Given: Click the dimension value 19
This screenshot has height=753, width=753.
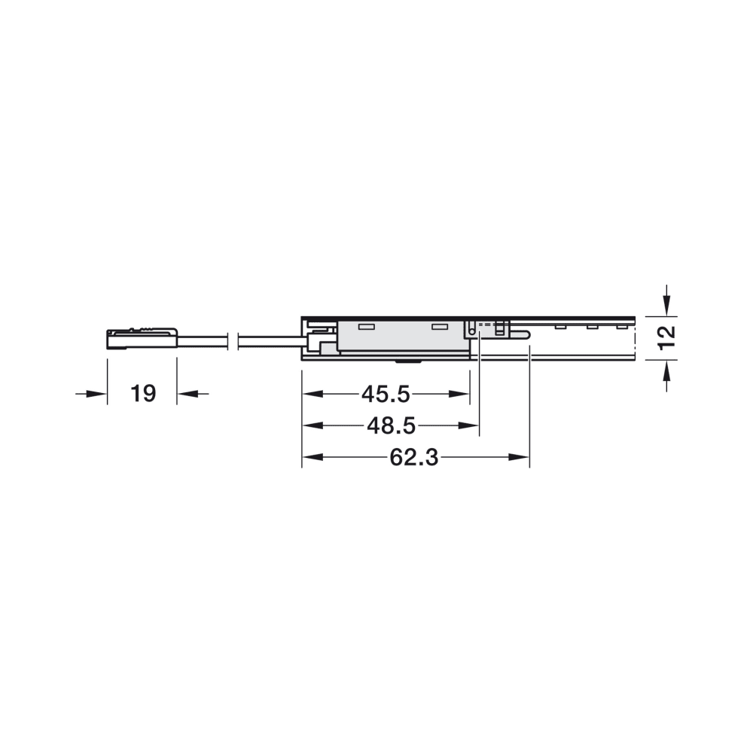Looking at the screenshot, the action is click(143, 394).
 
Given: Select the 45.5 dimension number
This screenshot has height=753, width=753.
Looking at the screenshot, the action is click(386, 395).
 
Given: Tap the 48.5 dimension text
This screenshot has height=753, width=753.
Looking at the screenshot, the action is click(391, 426).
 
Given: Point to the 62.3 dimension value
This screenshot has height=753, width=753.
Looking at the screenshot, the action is click(414, 458).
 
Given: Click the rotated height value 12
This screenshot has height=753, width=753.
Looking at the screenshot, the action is click(666, 337).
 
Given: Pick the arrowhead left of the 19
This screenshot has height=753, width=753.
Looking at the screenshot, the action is click(96, 394).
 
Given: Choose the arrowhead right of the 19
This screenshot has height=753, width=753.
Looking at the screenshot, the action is click(187, 394).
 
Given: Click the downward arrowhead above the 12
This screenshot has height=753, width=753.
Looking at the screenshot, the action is click(666, 306).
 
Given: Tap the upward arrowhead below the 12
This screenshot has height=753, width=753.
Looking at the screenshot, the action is click(666, 370).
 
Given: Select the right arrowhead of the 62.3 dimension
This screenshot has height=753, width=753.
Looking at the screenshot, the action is click(519, 458).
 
